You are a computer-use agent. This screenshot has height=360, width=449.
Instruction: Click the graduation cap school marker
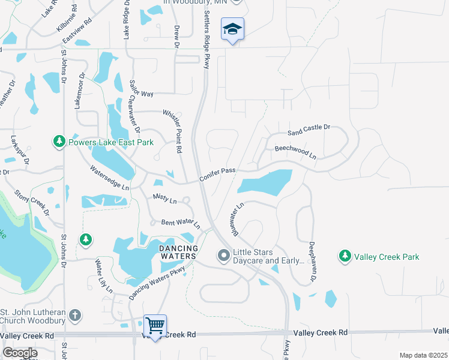click(232, 29)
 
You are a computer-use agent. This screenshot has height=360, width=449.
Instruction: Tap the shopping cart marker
click(155, 325)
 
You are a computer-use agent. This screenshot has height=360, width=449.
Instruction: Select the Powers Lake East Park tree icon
click(59, 142)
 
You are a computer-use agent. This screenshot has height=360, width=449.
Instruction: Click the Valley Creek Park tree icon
click(345, 257)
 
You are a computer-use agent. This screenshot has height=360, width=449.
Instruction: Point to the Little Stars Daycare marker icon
click(224, 256)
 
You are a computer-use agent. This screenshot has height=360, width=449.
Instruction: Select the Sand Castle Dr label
click(309, 129)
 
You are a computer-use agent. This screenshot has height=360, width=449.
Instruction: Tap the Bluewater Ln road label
click(236, 218)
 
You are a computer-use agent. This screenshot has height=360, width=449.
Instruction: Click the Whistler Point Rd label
click(178, 131)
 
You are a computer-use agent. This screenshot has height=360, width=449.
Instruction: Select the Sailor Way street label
click(139, 94)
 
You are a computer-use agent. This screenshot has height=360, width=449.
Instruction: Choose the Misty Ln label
click(164, 199)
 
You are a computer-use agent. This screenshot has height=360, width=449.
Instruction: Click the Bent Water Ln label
click(180, 223)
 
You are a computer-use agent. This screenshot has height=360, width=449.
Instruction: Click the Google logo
click(20, 353)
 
